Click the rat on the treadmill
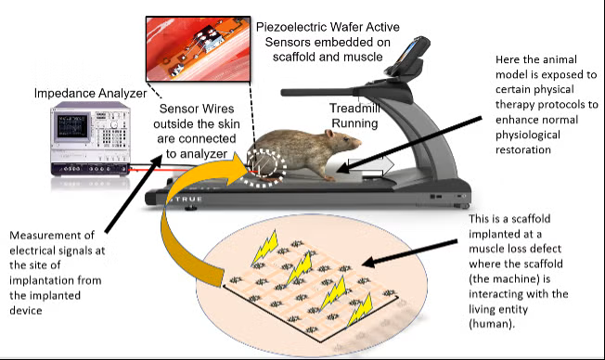pyautogui.click(x=306, y=156)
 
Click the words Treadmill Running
pyautogui.click(x=351, y=115)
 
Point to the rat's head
pyautogui.click(x=345, y=144)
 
